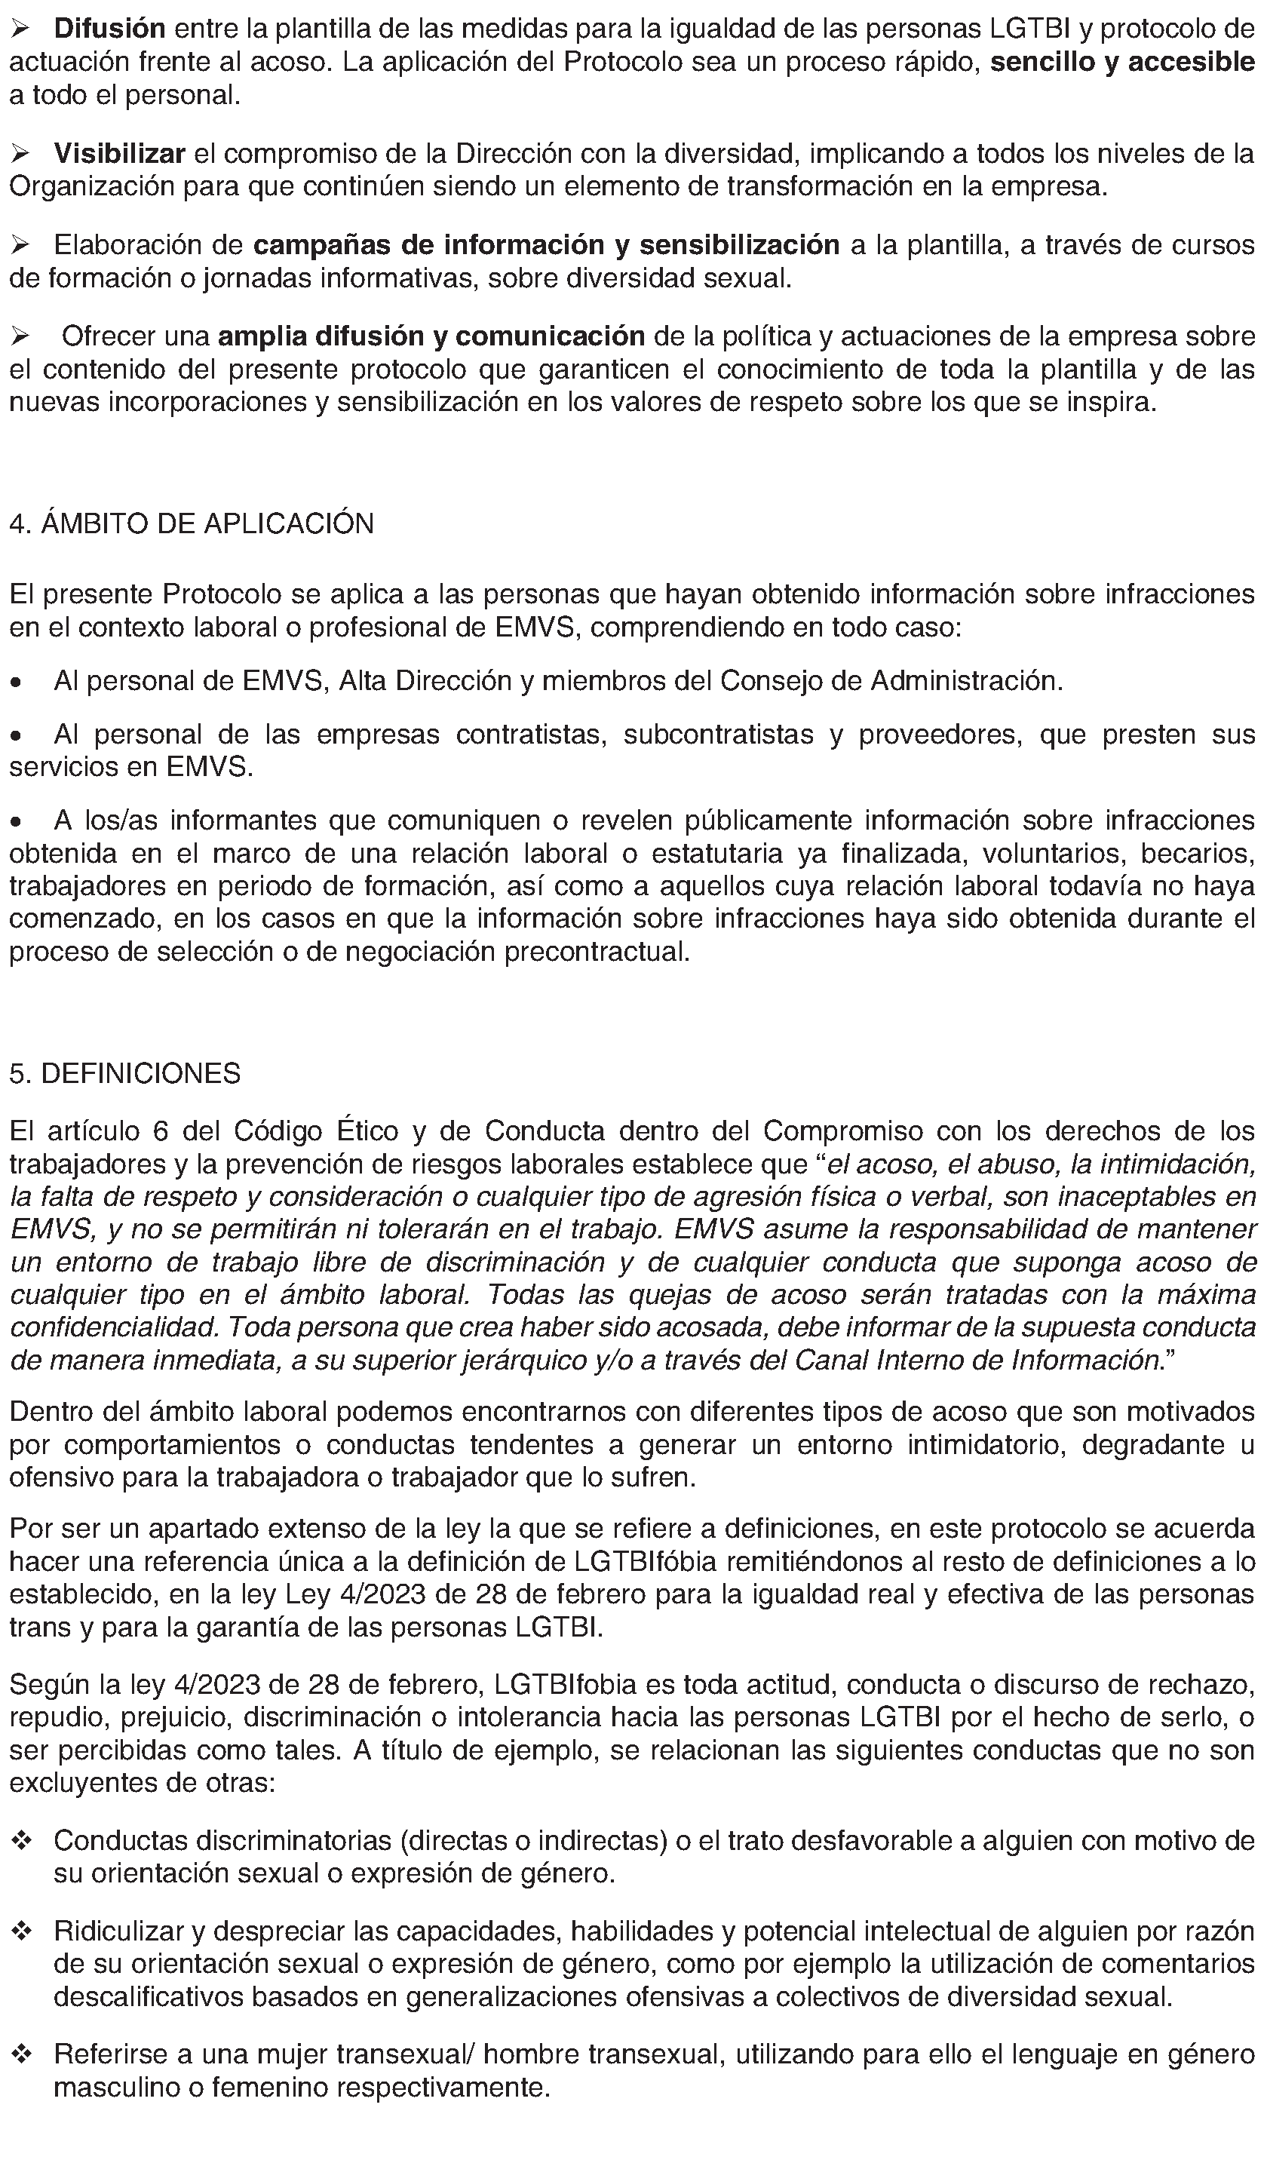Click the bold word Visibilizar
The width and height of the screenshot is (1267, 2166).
pos(119,154)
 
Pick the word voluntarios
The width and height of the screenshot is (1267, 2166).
pos(1051,854)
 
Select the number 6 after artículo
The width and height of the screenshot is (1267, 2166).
pos(160,1131)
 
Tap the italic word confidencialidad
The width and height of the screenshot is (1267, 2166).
pos(115,1327)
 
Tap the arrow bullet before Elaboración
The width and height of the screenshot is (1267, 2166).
pos(20,246)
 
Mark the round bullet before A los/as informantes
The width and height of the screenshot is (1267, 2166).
pos(16,823)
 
